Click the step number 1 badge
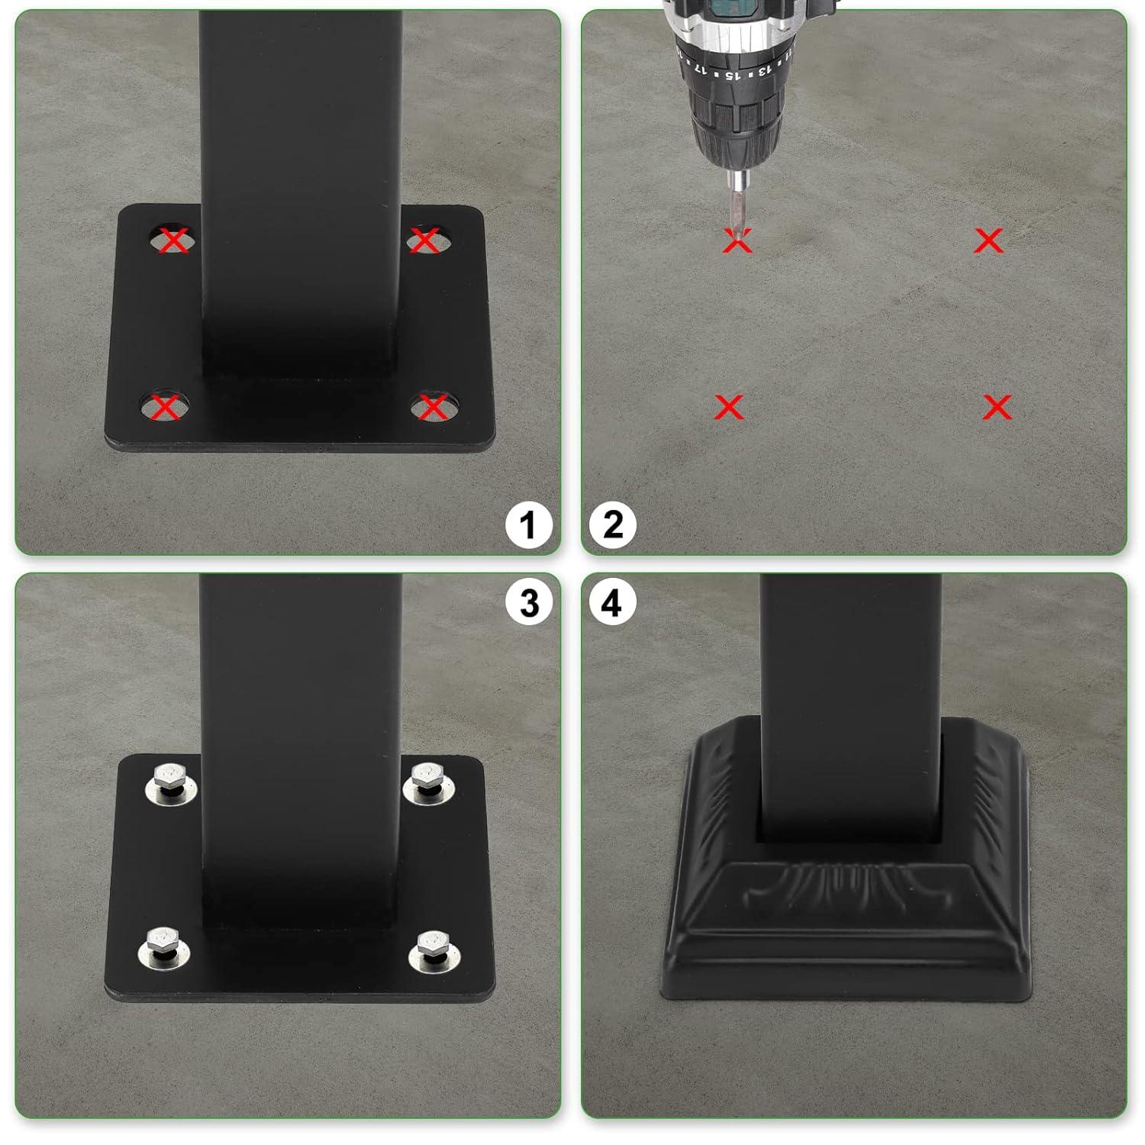click(527, 525)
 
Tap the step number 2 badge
click(613, 525)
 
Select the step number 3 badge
click(529, 603)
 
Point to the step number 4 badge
click(612, 603)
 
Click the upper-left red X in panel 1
click(174, 240)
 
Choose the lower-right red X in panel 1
click(433, 408)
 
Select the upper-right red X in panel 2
click(989, 241)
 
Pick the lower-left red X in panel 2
click(729, 408)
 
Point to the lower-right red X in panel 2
click(997, 408)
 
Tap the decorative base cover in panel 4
click(847, 916)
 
